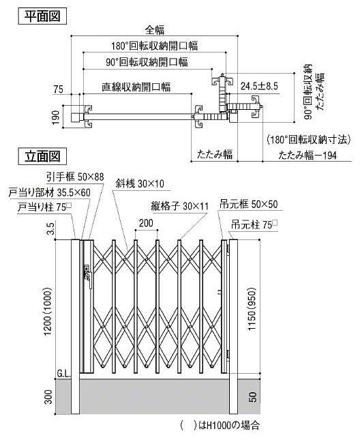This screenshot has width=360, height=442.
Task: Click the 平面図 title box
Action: (42, 16)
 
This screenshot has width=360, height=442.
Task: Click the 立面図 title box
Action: (42, 156)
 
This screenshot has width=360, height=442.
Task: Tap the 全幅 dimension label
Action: (155, 30)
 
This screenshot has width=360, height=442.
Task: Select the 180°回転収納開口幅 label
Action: (155, 46)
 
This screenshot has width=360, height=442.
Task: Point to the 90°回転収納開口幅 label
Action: (147, 62)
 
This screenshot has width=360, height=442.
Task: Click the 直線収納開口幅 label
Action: (136, 87)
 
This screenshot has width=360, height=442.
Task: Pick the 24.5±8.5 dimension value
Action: (259, 86)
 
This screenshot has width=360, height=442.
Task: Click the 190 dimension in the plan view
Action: (56, 117)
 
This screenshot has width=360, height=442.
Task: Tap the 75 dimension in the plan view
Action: (59, 89)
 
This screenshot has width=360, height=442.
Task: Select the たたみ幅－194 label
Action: (307, 155)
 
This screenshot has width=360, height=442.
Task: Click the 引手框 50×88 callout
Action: (75, 177)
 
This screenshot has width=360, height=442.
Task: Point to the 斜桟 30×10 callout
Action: (140, 183)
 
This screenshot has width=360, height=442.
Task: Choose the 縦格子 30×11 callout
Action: (180, 207)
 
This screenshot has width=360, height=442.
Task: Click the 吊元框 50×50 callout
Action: (249, 205)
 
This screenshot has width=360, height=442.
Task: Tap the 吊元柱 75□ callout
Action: (254, 225)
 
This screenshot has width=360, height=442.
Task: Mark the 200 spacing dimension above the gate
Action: (146, 223)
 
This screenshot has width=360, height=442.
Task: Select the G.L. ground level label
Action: (63, 374)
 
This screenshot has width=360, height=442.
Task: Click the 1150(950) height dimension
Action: (252, 309)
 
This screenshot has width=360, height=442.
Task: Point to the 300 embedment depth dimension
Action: (48, 397)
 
